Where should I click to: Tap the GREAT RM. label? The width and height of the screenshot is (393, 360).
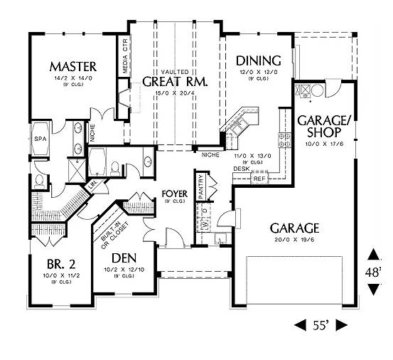click(175, 81)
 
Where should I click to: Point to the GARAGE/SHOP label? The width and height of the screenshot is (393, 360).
click(323, 126)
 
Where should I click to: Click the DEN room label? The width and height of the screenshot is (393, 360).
click(124, 258)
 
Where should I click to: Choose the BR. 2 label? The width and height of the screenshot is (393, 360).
click(58, 260)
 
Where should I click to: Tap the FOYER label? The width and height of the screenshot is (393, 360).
click(173, 194)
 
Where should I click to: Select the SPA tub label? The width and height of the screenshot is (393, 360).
click(40, 139)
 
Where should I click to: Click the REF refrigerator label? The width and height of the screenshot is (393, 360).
click(259, 179)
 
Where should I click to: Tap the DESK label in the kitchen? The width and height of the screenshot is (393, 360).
click(241, 169)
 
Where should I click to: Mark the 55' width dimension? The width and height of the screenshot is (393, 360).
click(321, 325)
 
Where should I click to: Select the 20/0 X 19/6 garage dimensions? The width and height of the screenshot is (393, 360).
click(294, 240)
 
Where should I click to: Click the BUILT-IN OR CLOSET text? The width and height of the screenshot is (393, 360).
click(108, 232)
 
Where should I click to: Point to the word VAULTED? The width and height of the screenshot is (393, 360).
click(174, 72)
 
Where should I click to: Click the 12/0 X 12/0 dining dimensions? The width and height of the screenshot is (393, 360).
click(257, 72)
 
